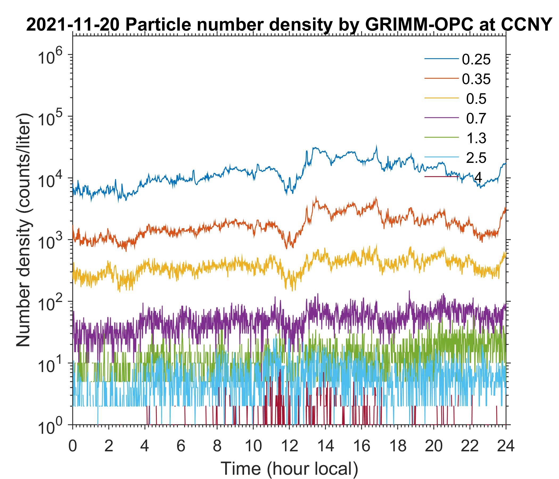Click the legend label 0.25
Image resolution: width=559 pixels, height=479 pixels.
(476, 60)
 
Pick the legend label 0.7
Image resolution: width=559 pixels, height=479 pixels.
(476, 119)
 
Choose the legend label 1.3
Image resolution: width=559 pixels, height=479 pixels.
(476, 138)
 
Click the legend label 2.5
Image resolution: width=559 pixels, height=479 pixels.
(476, 158)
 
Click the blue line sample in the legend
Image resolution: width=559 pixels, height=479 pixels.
(441, 59)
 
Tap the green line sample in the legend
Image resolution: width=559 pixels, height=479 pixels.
(441, 138)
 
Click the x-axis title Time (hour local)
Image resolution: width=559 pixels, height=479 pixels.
(289, 469)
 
